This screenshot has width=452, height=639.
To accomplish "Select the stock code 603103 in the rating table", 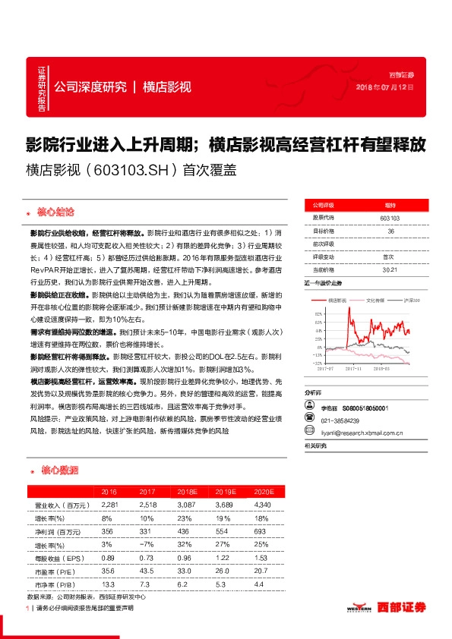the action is point(390,218).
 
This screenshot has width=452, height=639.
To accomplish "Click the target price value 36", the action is point(390,231).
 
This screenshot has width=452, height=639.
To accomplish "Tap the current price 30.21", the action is point(390,269).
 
